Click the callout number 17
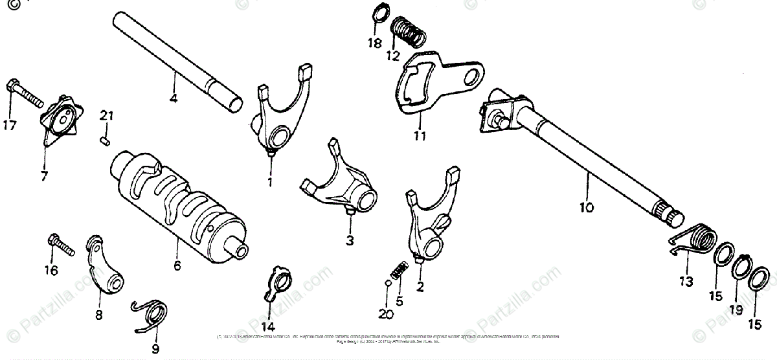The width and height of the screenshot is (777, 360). coord(11,126)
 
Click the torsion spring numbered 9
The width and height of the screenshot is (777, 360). coord(153,315)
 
